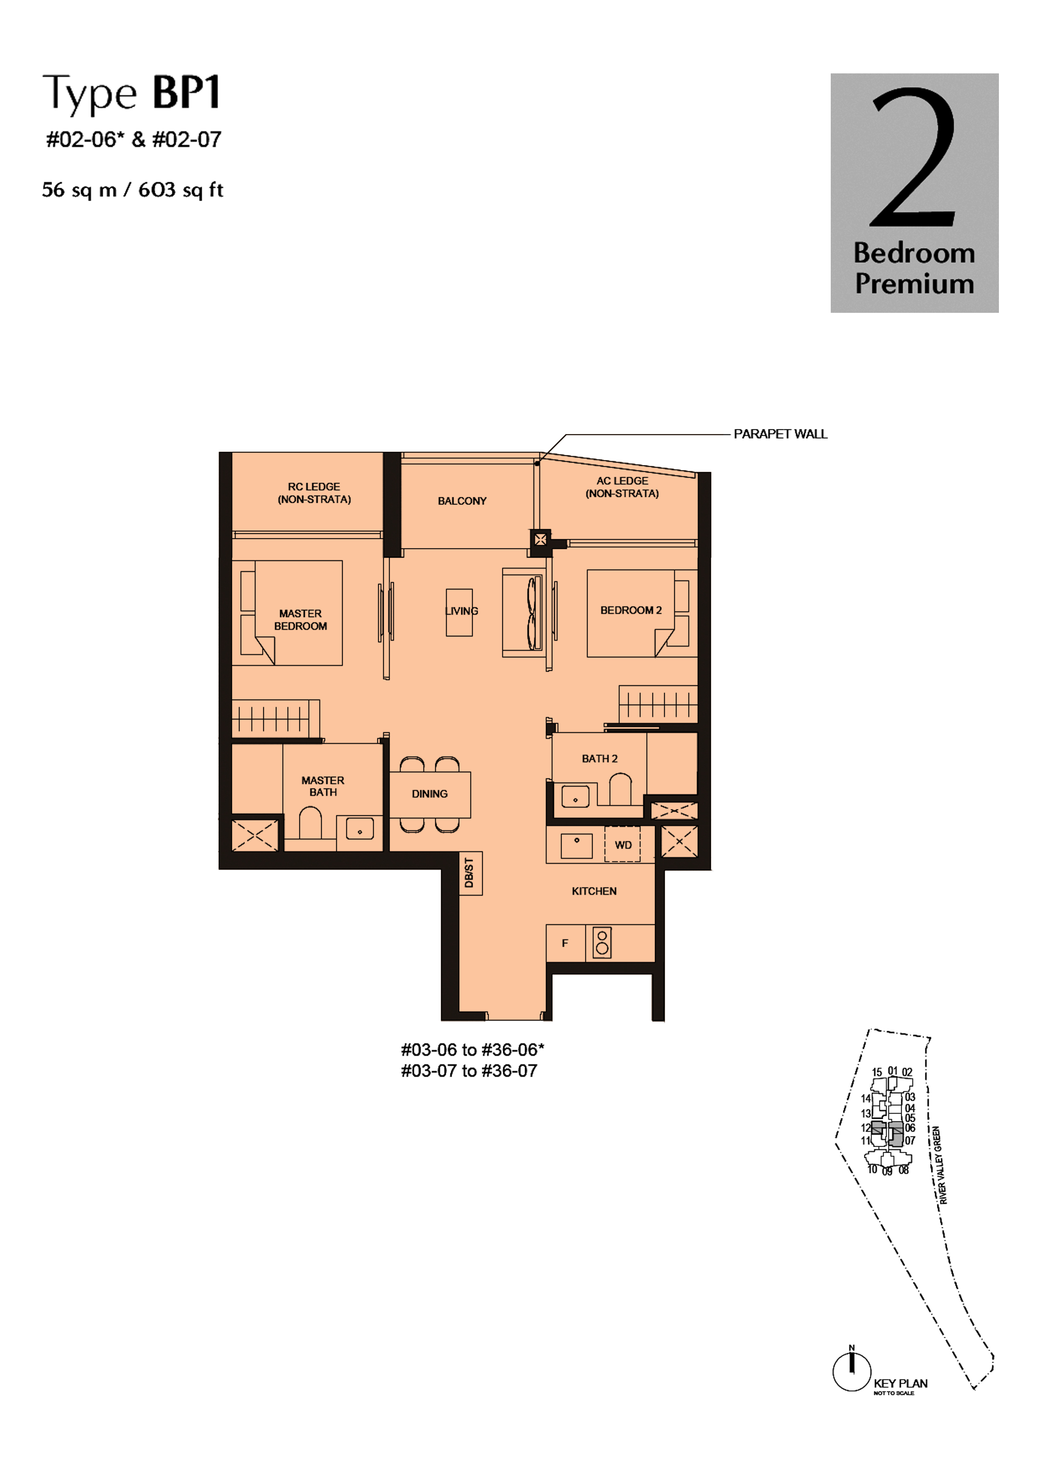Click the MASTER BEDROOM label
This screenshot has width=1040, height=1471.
(301, 619)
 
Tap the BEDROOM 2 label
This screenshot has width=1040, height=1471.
(631, 610)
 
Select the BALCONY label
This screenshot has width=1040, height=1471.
(462, 501)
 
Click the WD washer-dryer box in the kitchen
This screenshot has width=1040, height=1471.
(622, 845)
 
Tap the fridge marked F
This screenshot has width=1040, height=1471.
(565, 943)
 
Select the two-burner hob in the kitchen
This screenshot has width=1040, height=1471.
(602, 943)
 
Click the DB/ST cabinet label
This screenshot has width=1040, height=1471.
(469, 873)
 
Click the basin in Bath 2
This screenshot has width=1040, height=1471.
(575, 796)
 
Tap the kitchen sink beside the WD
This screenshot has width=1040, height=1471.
(576, 846)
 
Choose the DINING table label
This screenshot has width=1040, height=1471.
(429, 794)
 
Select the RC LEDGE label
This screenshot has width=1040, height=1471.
(314, 493)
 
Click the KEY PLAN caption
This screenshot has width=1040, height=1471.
(900, 1383)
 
